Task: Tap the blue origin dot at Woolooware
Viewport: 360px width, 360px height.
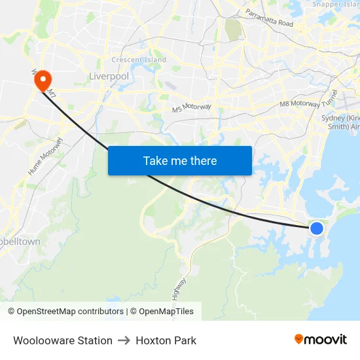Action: (x=316, y=228)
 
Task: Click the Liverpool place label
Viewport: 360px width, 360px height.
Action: (x=108, y=77)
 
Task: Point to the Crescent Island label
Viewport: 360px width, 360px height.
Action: (x=139, y=60)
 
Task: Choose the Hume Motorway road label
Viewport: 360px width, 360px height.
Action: (x=45, y=156)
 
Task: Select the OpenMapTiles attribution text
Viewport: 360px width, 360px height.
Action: (x=164, y=312)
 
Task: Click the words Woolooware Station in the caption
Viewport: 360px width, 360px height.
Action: (x=62, y=340)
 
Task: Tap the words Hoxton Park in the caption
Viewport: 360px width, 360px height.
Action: (x=166, y=340)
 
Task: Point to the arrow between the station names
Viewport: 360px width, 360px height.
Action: (x=124, y=340)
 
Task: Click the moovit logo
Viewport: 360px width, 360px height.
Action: (x=320, y=339)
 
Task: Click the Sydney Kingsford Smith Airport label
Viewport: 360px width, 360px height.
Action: (x=340, y=122)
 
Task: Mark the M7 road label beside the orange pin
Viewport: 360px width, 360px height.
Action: (x=52, y=96)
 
